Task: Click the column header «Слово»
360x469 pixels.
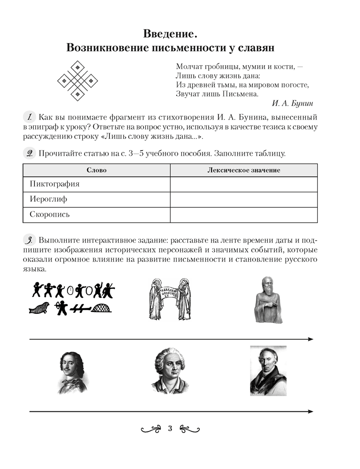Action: pyautogui.click(x=97, y=170)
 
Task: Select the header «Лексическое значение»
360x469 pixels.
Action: pyautogui.click(x=244, y=170)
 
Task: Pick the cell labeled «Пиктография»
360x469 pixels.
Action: pyautogui.click(x=54, y=184)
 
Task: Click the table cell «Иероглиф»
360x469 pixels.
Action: pyautogui.click(x=48, y=199)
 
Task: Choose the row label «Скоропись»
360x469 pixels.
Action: pyautogui.click(x=50, y=215)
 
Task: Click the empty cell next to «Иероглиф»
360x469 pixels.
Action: pyautogui.click(x=244, y=199)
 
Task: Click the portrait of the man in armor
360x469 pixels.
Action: pyautogui.click(x=73, y=373)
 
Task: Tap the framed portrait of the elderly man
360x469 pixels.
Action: pyautogui.click(x=268, y=371)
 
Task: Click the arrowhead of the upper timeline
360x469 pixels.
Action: pyautogui.click(x=310, y=339)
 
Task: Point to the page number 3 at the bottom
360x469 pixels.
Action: pyautogui.click(x=170, y=428)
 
